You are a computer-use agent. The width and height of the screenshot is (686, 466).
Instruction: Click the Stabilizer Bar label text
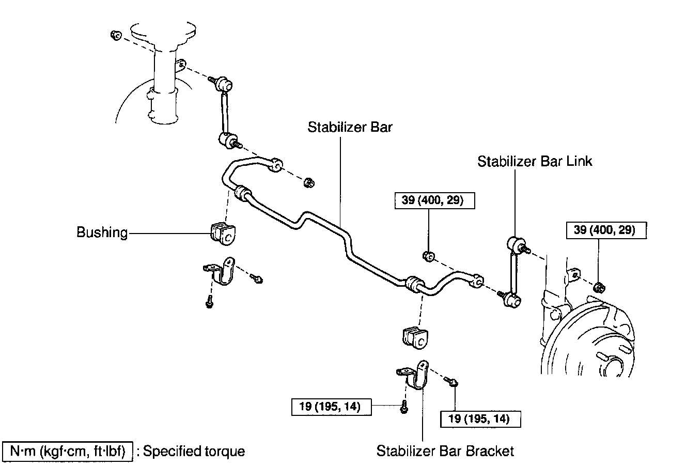[x=350, y=127]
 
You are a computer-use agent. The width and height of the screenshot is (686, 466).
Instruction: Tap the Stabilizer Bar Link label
[x=535, y=161]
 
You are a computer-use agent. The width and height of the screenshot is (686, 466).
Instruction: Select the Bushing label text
[x=102, y=232]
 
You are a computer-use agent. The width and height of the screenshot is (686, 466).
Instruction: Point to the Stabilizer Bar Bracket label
[x=445, y=451]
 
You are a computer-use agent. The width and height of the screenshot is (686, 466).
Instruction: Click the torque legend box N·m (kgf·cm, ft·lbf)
[x=68, y=451]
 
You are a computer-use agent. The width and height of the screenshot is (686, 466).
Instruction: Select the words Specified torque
[x=194, y=451]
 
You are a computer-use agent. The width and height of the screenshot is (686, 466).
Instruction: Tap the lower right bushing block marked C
[x=416, y=337]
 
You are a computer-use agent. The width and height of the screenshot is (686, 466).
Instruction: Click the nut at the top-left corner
[x=116, y=35]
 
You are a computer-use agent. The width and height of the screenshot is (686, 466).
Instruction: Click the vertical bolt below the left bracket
[x=209, y=301]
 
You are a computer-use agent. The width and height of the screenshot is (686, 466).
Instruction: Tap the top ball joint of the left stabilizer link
[x=225, y=83]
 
